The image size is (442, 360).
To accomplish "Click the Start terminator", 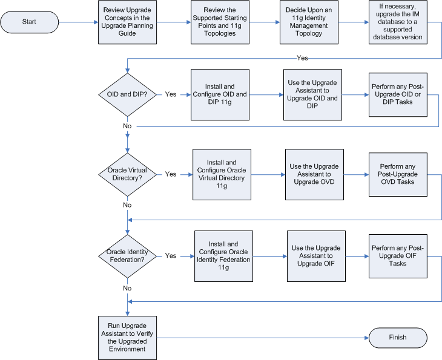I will click(29, 22).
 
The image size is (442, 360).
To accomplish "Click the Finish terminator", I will click(398, 337).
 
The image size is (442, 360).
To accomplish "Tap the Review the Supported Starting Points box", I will click(219, 22).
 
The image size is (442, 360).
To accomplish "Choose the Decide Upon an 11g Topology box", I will click(308, 22).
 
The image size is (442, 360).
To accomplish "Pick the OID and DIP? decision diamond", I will click(127, 94).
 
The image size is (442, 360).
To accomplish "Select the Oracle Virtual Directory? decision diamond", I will click(127, 174).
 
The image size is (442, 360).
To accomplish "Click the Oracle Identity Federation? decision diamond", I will click(127, 256).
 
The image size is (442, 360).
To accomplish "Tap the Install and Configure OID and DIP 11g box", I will click(219, 94).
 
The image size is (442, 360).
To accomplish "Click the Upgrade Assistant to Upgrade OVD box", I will click(314, 175).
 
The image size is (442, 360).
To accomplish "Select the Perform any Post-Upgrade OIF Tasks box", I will click(398, 256).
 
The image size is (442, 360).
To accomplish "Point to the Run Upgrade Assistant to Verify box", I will click(128, 337).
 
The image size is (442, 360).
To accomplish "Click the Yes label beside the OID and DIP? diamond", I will click(171, 94).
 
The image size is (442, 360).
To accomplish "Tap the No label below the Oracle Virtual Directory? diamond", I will click(127, 205).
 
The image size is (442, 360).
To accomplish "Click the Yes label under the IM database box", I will click(302, 57).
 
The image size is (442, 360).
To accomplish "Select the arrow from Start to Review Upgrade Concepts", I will click(78, 22).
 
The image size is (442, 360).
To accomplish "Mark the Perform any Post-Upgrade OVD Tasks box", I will click(397, 174).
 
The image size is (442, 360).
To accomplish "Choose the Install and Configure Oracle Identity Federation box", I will click(223, 256).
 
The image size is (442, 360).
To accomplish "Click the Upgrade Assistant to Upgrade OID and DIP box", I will click(312, 94).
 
